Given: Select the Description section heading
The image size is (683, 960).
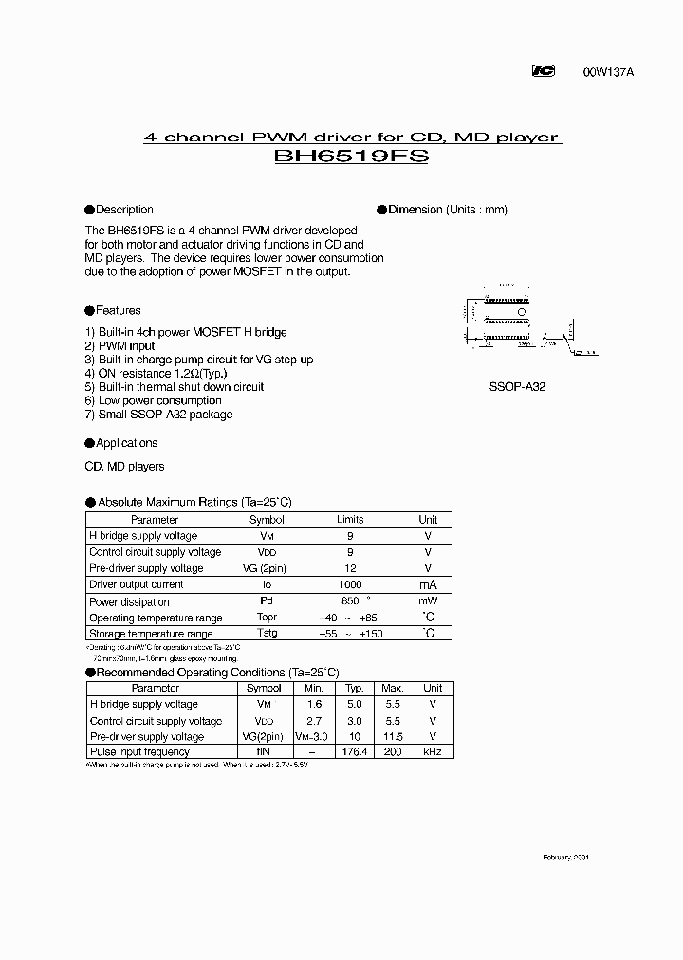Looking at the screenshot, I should click(123, 210).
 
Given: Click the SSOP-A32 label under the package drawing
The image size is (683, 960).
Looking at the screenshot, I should click(517, 387).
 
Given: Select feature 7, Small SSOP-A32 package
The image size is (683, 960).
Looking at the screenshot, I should click(158, 415).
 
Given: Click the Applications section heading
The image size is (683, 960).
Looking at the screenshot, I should click(126, 443).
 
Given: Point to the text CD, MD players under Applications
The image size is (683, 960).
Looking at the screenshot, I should click(124, 467).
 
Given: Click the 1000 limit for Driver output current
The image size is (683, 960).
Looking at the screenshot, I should click(350, 585).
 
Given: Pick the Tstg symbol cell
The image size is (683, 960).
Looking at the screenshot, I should click(266, 634).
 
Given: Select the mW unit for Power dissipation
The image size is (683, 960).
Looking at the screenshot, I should click(428, 601).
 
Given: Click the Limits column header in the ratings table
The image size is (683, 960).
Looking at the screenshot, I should click(350, 520).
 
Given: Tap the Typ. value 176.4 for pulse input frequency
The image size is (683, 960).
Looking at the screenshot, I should click(355, 751).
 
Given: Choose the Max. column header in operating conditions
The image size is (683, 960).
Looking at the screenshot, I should click(393, 688).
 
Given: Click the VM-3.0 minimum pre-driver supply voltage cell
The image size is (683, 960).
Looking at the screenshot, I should click(311, 736).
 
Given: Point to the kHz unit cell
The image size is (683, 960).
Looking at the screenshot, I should click(433, 751).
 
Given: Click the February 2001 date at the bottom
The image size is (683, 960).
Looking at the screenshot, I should click(565, 857).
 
